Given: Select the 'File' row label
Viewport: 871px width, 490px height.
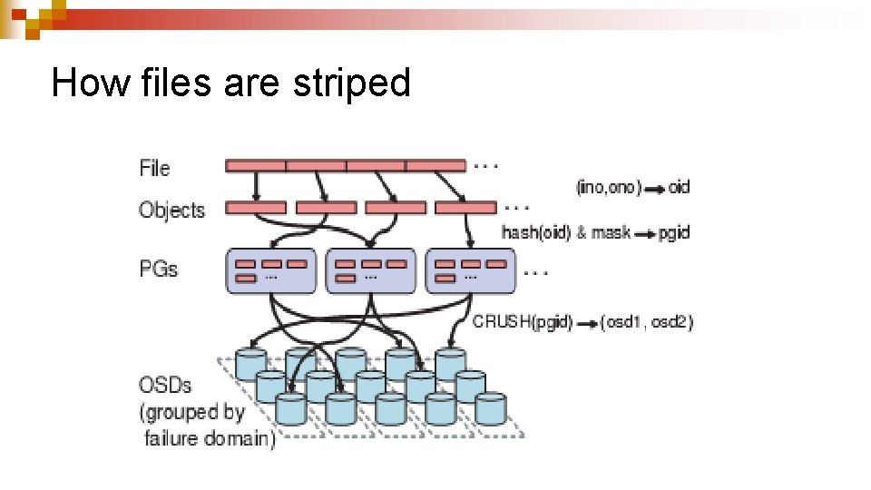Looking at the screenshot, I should coord(154,168).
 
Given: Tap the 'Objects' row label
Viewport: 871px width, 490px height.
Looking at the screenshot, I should coord(171,210).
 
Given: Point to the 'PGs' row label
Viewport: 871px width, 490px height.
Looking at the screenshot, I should coord(158,269).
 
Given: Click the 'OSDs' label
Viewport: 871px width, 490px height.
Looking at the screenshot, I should coord(165,385).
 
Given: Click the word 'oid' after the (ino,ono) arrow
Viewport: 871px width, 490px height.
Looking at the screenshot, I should coord(679,187).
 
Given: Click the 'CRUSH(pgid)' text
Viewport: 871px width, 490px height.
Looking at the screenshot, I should coord(523,321).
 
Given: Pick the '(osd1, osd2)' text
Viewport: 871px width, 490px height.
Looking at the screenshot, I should coord(646,321).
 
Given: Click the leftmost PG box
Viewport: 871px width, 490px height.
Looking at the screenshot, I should coord(270,270).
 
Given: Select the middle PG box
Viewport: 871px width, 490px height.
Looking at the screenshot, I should coord(370,270).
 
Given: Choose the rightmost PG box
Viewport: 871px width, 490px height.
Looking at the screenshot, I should coord(470,270).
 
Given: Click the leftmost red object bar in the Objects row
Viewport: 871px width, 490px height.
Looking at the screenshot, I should coord(256,208).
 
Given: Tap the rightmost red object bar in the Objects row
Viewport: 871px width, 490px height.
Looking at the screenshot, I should coord(465,208).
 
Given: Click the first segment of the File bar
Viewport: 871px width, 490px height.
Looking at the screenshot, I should coord(256,166).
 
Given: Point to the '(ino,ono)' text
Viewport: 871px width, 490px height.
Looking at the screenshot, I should coord(608,187).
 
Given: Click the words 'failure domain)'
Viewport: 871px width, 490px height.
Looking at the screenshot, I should coord(210,439).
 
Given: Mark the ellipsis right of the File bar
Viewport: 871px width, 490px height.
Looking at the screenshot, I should coord(486,165).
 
